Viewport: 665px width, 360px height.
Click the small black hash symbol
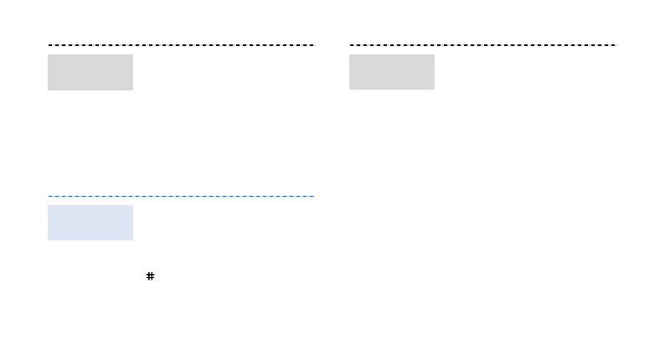coord(151,275)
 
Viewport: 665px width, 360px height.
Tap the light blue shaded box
coord(90,223)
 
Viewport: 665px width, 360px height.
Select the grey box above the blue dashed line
coord(90,72)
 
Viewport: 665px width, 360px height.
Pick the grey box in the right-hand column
coord(392,72)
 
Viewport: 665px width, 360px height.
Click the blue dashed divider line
coord(181,196)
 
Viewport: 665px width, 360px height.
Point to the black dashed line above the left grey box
coord(181,44)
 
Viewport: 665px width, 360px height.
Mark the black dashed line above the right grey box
coord(482,44)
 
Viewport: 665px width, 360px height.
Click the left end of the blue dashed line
coord(49,196)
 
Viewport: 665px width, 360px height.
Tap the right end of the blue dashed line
coord(312,196)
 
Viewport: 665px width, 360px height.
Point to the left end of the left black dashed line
coord(49,44)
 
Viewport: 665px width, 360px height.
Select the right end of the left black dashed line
coord(312,44)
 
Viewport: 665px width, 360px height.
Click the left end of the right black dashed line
coord(351,44)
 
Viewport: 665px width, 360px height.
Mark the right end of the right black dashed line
coord(614,44)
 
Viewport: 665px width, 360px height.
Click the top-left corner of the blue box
coord(49,206)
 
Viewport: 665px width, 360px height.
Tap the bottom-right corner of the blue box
coord(132,239)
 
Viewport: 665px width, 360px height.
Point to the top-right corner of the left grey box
coord(132,55)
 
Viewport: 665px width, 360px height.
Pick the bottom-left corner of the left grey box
coord(49,89)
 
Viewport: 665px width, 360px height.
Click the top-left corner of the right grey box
coord(350,55)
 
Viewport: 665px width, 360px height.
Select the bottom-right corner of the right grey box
coord(434,89)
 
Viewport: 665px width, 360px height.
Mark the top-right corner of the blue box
coord(132,206)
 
